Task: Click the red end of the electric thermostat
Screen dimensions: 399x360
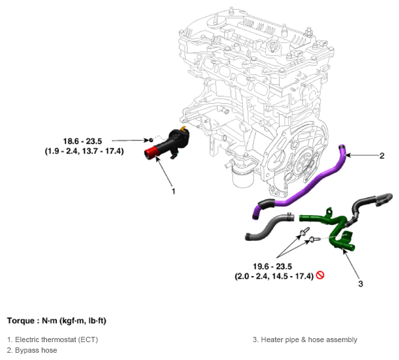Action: [151, 154]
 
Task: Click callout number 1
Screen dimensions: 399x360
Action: [173, 191]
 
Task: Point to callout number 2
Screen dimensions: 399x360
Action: [382, 156]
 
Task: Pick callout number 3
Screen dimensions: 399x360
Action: [361, 284]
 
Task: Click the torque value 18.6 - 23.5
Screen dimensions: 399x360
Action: [83, 141]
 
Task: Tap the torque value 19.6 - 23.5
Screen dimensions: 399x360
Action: [272, 267]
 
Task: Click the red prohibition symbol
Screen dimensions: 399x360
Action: [320, 275]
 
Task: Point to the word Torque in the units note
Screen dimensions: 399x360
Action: [21, 320]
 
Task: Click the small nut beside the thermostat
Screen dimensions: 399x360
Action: [151, 140]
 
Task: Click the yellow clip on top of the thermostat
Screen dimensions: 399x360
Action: [183, 128]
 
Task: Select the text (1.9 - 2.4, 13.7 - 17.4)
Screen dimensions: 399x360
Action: [84, 151]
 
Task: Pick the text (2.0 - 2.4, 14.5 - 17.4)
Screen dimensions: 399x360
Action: [274, 276]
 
